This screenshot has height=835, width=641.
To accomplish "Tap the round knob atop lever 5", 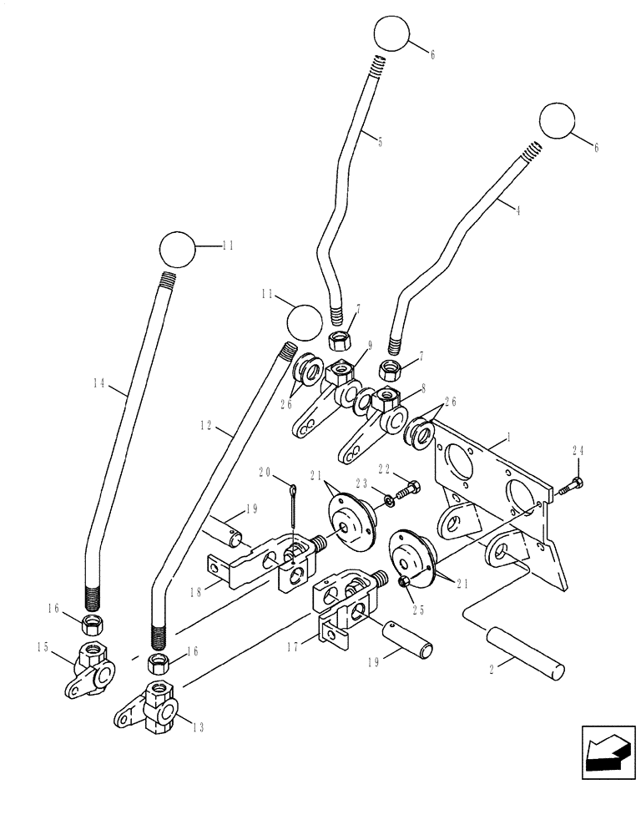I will tap(391, 33).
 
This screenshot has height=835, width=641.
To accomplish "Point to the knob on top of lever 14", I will tap(176, 248).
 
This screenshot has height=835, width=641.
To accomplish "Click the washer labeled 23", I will tap(389, 502).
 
